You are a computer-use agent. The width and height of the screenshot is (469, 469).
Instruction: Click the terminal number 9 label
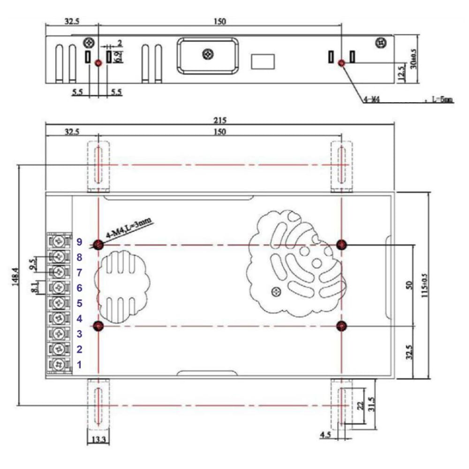(80, 242)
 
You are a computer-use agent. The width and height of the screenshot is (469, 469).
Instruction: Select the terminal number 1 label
(80, 364)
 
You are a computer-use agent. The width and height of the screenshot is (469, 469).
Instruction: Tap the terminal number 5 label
(80, 303)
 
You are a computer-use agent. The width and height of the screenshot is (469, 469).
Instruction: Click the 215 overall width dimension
(219, 120)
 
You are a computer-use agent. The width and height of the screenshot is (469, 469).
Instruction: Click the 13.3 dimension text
(98, 439)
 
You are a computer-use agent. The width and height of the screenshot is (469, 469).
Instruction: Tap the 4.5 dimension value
(325, 436)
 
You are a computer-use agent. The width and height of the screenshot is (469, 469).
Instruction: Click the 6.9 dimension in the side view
(119, 57)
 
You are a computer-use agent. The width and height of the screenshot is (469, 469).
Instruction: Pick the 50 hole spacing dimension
(408, 285)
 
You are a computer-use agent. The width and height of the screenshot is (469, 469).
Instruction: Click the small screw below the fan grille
(276, 292)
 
